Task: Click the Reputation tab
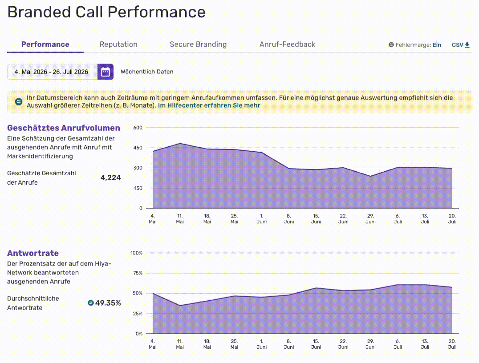point(118,44)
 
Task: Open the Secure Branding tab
point(198,44)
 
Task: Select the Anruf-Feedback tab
point(287,44)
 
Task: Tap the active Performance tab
point(45,44)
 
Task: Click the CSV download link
point(461,45)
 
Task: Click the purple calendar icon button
point(106,72)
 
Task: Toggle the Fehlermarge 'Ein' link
point(437,45)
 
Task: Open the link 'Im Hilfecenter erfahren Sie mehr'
point(209,105)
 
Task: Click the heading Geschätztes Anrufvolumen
point(64,128)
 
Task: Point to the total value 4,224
point(110,177)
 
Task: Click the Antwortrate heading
point(33,253)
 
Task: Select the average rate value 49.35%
point(108,303)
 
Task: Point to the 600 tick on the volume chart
point(138,128)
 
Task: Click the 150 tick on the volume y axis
point(138,188)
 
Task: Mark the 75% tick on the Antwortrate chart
point(138,273)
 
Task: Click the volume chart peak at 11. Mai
point(180,143)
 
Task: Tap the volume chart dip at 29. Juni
point(370,176)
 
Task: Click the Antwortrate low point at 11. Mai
point(180,306)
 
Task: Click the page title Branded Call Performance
point(106,12)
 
